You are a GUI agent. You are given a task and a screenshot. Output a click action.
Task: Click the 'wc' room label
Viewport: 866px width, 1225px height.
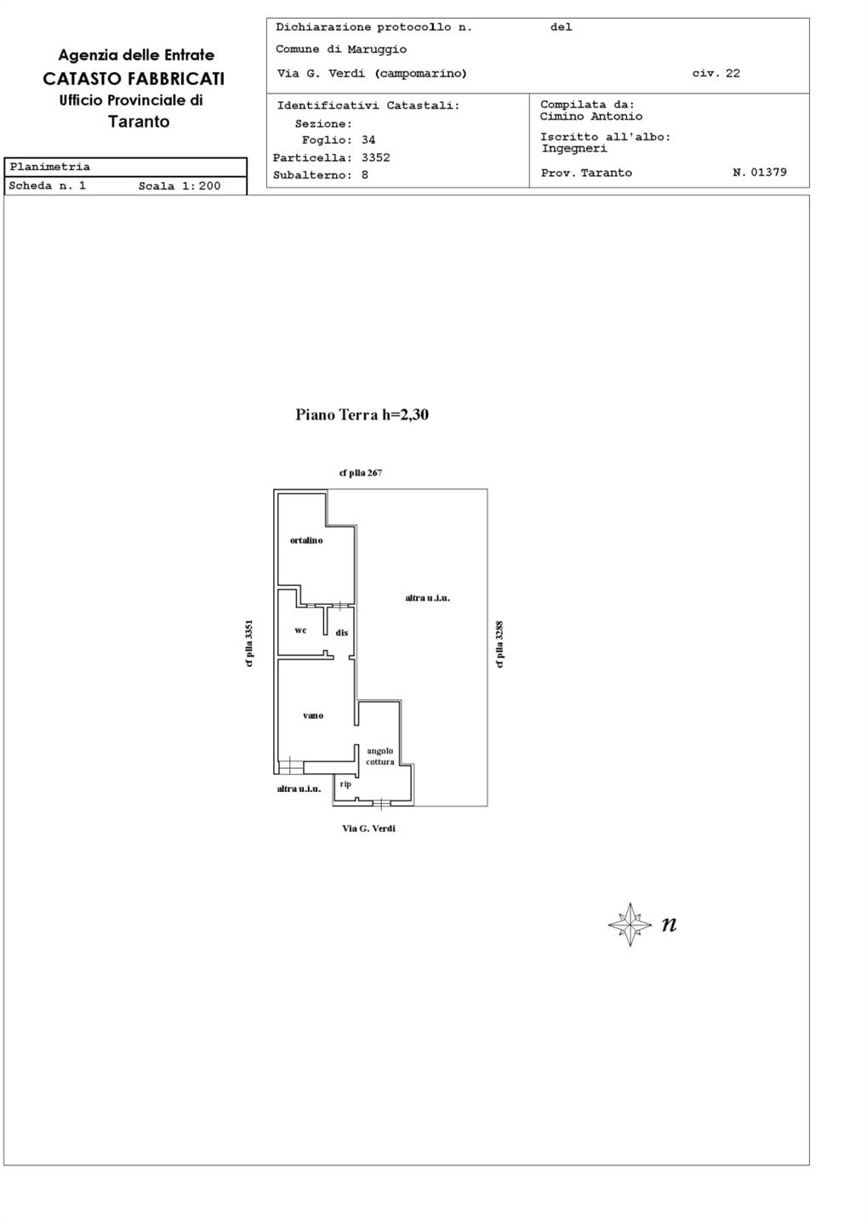(x=300, y=630)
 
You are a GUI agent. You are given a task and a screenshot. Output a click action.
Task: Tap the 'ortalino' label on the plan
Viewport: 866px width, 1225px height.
(x=306, y=540)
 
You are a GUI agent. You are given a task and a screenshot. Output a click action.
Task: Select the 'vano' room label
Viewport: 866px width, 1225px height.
(x=313, y=715)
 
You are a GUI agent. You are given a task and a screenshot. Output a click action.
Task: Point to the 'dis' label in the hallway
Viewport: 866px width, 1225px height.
(x=342, y=633)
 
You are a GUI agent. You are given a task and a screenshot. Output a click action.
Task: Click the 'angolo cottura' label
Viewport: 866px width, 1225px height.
(x=380, y=756)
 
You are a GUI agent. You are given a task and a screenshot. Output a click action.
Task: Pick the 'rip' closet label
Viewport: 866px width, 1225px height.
(x=345, y=784)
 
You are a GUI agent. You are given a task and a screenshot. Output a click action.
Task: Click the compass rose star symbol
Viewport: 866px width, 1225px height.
(x=630, y=924)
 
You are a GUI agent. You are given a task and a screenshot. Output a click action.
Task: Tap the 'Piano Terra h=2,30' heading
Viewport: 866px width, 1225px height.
(x=362, y=414)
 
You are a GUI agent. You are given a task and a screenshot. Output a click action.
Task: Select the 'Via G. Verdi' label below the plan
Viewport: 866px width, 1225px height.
(x=368, y=829)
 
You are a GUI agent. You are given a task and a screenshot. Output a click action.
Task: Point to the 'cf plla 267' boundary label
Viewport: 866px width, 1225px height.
(x=361, y=473)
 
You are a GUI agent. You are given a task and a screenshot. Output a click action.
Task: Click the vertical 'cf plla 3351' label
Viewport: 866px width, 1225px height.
(x=249, y=644)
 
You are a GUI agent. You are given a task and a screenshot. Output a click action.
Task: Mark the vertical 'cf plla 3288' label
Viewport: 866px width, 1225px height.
(x=499, y=644)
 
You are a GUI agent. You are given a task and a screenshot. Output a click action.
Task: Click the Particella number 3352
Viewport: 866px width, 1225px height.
(x=376, y=157)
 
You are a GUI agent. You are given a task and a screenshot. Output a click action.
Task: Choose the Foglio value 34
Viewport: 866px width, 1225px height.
(x=368, y=140)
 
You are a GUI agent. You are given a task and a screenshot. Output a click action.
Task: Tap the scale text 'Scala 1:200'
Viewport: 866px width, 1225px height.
(x=179, y=186)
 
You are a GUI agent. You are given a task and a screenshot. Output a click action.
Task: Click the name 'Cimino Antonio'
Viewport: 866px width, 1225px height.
(x=591, y=116)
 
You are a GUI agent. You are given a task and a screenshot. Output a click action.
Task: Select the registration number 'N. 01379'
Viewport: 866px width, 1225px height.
(x=760, y=172)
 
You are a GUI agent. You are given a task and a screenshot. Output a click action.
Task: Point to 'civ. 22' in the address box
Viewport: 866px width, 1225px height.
(x=715, y=73)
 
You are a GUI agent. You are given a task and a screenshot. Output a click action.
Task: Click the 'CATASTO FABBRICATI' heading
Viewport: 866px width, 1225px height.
(x=134, y=79)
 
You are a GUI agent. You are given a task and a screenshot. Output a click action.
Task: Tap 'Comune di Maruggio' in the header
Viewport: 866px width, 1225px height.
(x=341, y=49)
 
